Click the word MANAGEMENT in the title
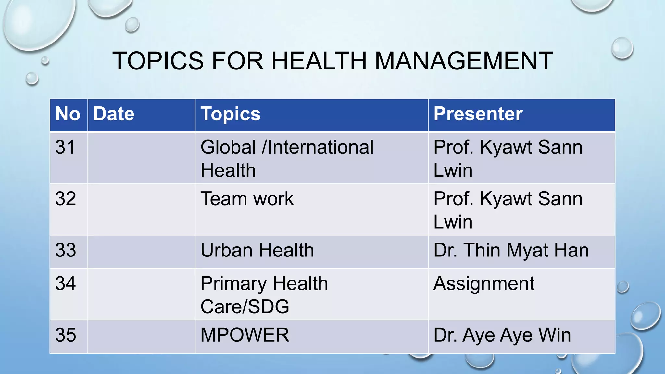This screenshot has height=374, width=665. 464,61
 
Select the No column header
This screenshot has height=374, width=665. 68,114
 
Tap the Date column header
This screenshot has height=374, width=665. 114,114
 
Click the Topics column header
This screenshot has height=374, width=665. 231,114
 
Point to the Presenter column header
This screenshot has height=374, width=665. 478,114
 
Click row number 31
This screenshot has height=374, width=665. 65,147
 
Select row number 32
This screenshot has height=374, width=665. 66,199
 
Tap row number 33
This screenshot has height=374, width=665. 66,250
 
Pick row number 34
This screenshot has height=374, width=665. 66,283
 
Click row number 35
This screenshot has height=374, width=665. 66,335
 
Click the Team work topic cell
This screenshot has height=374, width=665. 247,199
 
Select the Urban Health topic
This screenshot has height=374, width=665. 257,250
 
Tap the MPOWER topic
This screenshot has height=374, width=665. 245,335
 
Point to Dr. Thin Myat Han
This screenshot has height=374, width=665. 511,250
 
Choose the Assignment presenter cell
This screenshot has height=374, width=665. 484,283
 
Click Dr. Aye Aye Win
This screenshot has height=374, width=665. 502,335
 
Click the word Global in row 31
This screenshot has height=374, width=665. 228,147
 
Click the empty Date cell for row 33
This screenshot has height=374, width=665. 141,252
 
